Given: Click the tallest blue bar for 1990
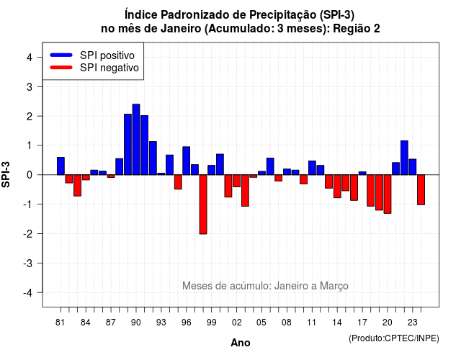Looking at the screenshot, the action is coord(136,139).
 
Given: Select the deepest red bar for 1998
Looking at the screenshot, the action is coord(203,204).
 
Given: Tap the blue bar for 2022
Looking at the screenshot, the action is coord(404,158).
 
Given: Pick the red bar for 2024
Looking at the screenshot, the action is coord(421,190).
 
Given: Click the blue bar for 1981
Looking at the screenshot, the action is coord(61,166).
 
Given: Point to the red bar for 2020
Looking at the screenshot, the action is coord(388,194).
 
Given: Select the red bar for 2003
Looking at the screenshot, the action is coord(245,190).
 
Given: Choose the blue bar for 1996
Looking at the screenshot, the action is coord(187,161).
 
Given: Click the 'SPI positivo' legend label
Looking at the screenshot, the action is coord(107,55).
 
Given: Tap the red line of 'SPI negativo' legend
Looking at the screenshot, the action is coord(61,68).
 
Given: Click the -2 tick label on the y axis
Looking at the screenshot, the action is coord(28,233).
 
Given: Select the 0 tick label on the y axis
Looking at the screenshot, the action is coord(30,175).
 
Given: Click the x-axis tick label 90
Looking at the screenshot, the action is coord(136,323).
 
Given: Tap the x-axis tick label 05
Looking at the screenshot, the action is coord(261,323).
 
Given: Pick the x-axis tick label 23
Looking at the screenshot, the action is coord(413,323).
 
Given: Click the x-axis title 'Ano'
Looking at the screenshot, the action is coord(241,343).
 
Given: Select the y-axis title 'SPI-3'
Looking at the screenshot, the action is coord(6,174).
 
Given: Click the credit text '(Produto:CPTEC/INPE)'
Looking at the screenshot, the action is coord(394,338).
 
